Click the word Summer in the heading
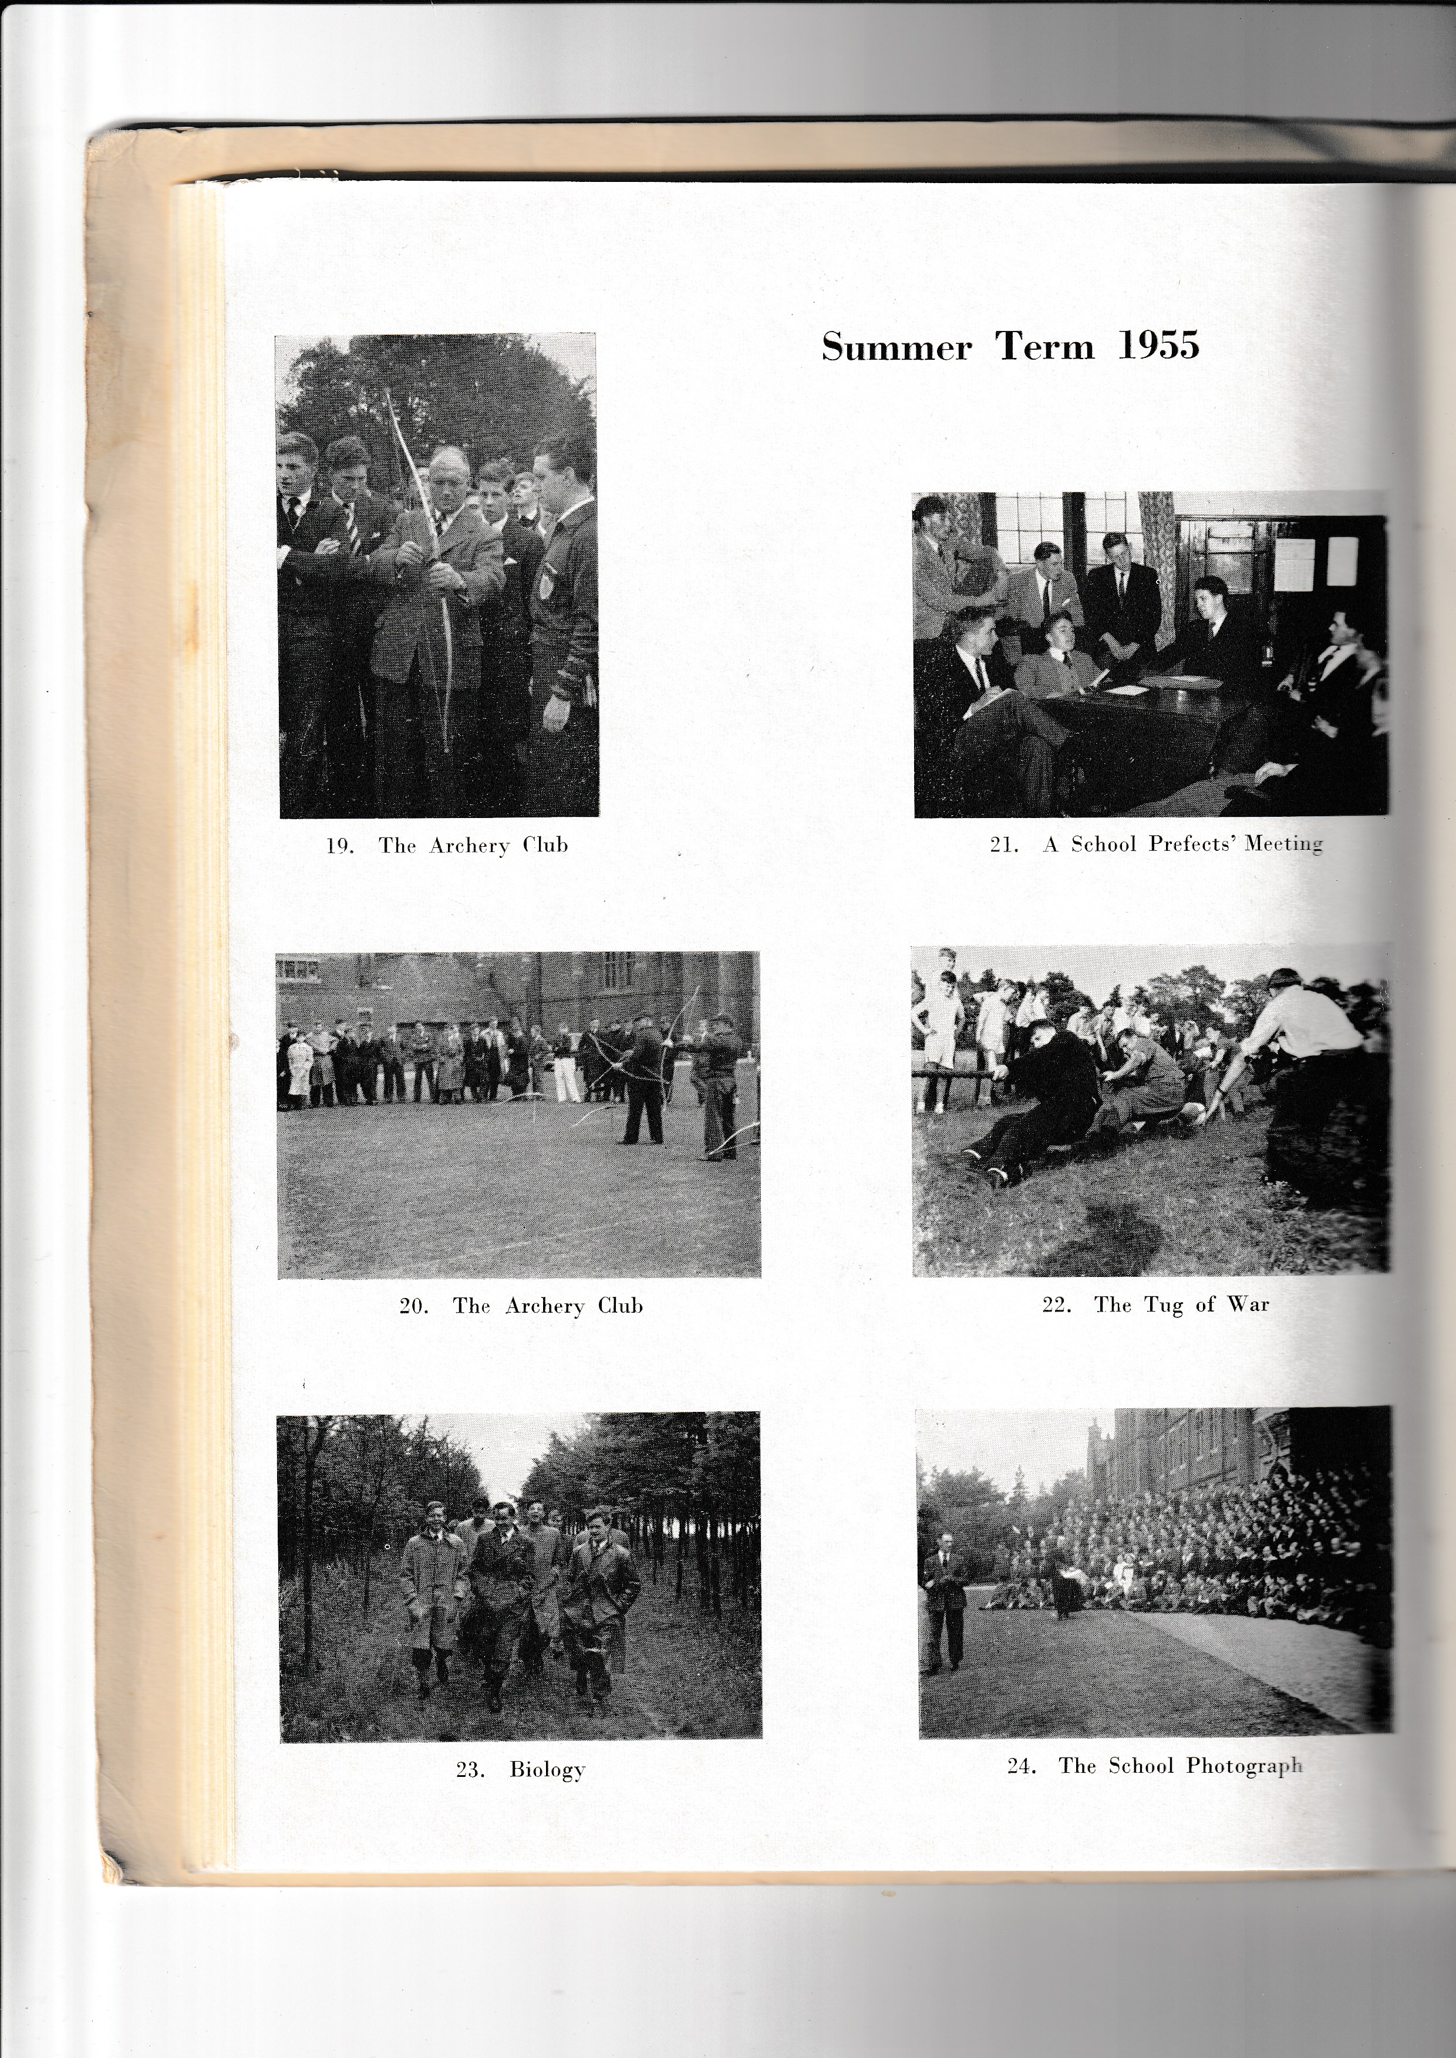896,348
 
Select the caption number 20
413,1306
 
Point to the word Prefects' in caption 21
1192,843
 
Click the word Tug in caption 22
1164,1305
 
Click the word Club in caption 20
621,1306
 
